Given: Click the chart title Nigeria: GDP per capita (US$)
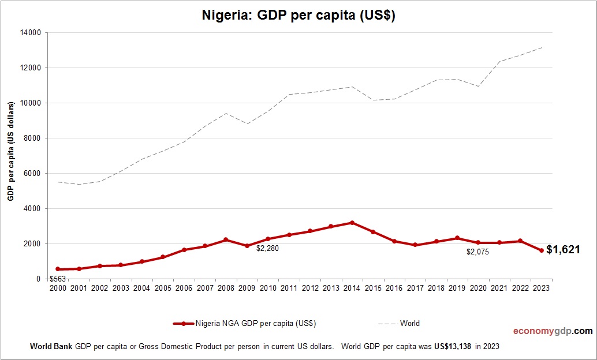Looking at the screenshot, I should (298, 16).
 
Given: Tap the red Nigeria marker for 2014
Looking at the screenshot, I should (352, 223).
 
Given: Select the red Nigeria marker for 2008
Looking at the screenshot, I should (226, 239).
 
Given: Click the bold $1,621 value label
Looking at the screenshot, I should (563, 250).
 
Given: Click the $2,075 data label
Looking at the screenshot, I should (477, 252).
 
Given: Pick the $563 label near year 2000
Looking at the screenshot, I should (58, 279).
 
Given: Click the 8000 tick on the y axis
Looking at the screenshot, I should (33, 138).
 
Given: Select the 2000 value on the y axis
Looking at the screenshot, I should (33, 244).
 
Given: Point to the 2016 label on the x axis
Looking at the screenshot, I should (394, 288).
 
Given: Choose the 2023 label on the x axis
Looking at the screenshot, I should (541, 288).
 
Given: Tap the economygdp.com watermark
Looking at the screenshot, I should (553, 331).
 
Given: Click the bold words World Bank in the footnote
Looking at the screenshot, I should (51, 347).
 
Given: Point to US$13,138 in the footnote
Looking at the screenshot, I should (447, 347).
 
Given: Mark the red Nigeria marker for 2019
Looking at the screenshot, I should (457, 238).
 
